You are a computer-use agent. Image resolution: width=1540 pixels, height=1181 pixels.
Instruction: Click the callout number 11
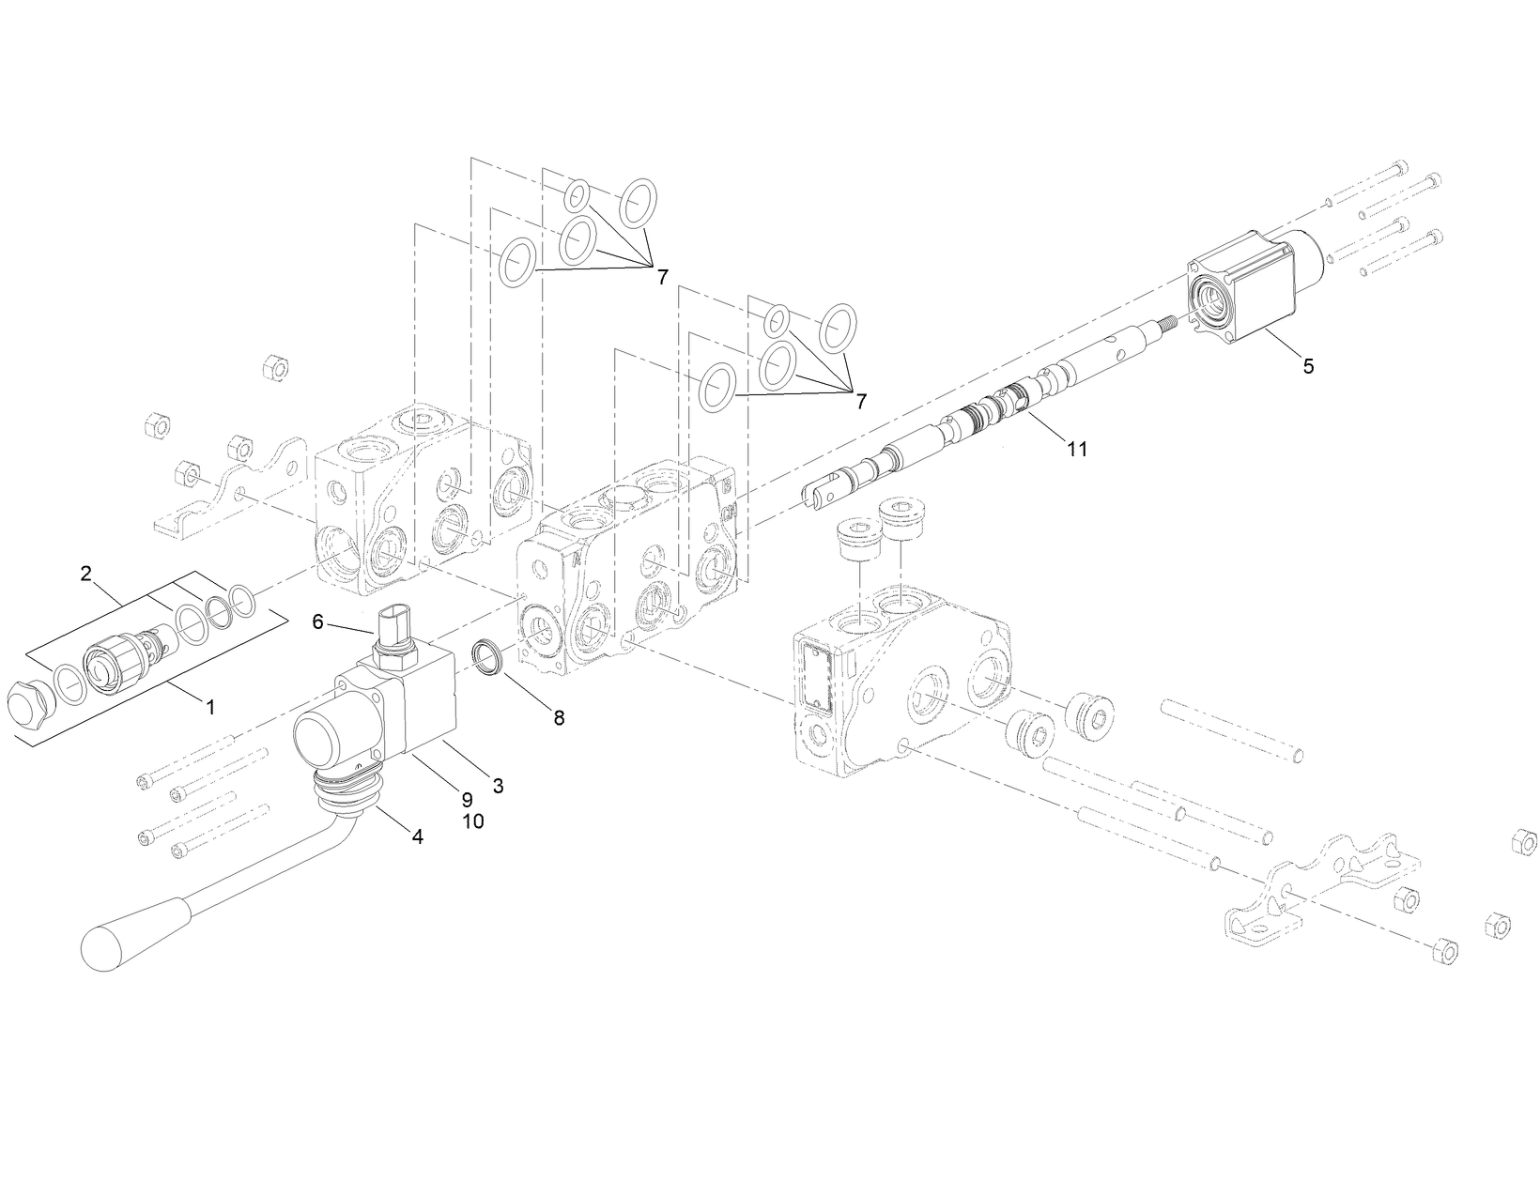tap(1076, 449)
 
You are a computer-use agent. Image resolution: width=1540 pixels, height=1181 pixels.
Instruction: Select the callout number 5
tap(1307, 366)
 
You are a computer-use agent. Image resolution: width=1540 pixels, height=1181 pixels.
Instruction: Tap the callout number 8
tap(559, 718)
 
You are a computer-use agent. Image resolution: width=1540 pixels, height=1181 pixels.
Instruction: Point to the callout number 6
tap(317, 621)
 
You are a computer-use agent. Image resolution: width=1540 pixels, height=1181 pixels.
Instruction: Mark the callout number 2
tap(86, 574)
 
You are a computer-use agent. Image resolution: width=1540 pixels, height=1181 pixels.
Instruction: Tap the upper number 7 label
tap(662, 277)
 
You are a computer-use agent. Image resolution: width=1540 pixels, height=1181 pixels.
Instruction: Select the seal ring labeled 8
tap(487, 654)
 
